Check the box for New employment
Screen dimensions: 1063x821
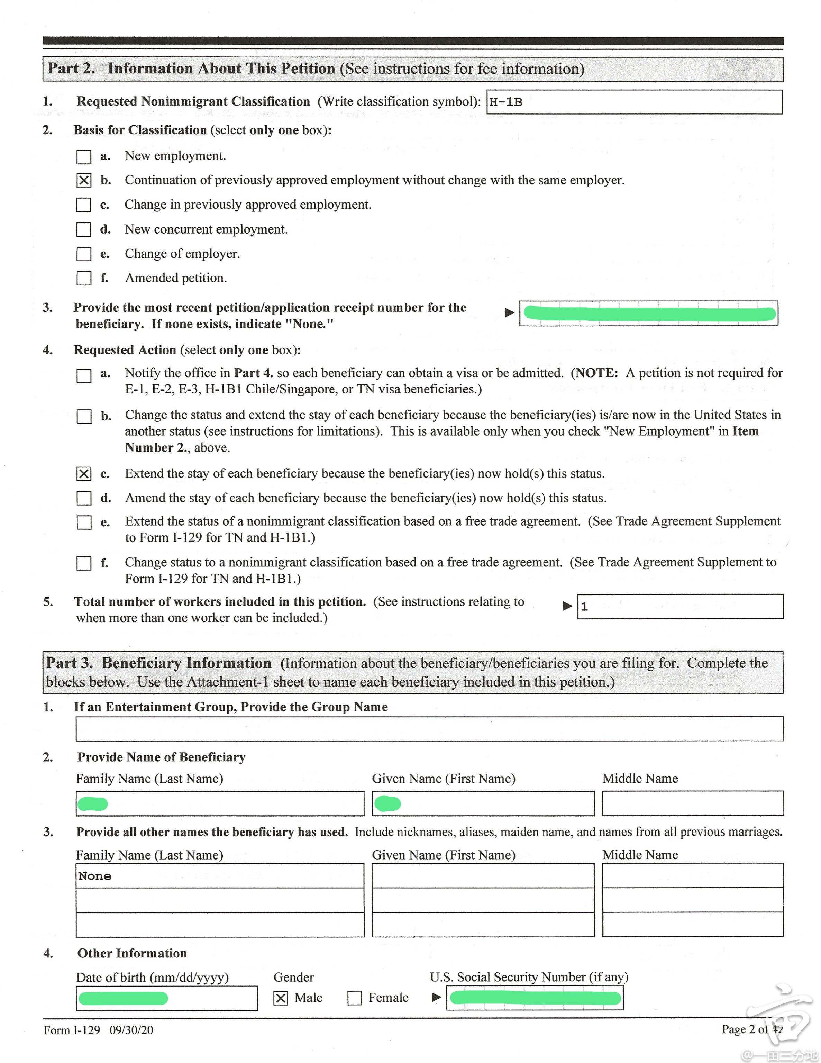84,157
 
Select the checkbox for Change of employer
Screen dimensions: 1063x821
84,254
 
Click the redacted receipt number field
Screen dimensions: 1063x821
648,314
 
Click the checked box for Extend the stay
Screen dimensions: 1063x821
84,474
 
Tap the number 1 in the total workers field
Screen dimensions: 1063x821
584,607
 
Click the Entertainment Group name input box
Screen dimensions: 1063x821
429,729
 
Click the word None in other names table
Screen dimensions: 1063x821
95,876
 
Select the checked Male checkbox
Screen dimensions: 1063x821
281,998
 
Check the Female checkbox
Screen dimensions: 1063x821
355,998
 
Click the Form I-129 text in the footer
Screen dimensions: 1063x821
72,1030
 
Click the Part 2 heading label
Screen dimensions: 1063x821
71,69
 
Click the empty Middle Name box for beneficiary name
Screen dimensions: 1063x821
693,803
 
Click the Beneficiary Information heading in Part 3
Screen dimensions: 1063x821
186,663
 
